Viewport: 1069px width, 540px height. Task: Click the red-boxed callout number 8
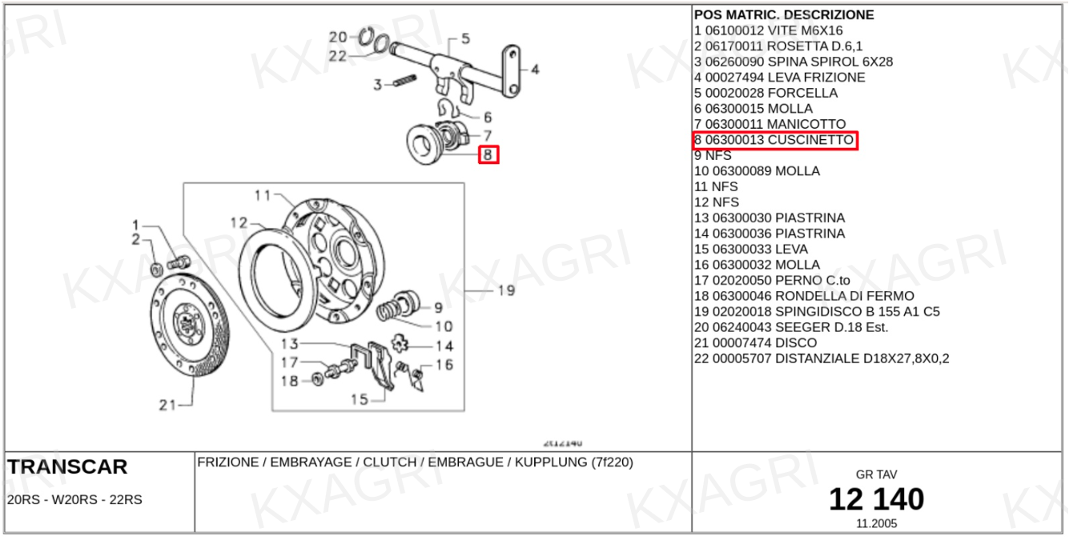click(x=488, y=154)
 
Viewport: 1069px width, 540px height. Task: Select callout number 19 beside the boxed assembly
click(x=506, y=290)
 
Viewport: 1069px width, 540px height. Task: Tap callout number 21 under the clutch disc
click(x=167, y=405)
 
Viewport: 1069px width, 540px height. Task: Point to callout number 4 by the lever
click(x=535, y=70)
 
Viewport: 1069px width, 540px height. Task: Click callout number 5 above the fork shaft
click(x=465, y=38)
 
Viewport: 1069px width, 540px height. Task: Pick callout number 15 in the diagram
click(x=360, y=399)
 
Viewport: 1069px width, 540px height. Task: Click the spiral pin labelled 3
click(x=404, y=81)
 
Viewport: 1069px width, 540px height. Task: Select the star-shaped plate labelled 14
click(x=399, y=342)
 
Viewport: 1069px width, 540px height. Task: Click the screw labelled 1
click(x=179, y=262)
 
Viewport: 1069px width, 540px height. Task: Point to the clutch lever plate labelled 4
click(x=512, y=71)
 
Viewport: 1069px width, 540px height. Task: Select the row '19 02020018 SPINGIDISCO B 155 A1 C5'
click(x=817, y=312)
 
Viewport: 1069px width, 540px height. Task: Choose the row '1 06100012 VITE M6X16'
click(x=769, y=30)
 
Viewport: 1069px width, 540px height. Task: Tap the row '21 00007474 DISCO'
click(x=755, y=342)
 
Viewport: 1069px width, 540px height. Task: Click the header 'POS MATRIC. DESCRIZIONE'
click(x=784, y=14)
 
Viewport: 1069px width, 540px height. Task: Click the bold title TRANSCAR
click(x=67, y=466)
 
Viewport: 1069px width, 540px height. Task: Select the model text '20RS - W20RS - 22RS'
click(x=74, y=499)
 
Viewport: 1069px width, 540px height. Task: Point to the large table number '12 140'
click(x=876, y=499)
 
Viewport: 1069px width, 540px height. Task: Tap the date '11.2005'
click(x=876, y=523)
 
